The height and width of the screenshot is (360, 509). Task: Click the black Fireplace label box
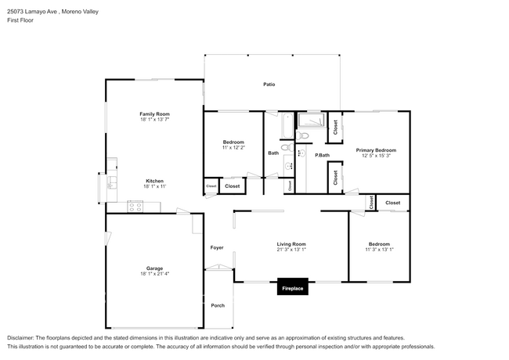(294, 289)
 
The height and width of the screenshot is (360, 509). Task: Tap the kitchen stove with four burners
(136, 207)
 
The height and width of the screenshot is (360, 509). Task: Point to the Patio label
(269, 84)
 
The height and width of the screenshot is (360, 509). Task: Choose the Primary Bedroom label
(376, 149)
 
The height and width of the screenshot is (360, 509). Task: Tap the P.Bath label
(322, 155)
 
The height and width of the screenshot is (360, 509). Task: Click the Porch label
(218, 305)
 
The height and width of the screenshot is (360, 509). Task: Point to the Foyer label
(217, 247)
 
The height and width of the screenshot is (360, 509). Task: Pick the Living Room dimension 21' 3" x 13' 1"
(291, 250)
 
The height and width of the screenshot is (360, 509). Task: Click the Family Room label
(154, 113)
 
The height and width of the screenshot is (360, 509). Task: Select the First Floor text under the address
(20, 20)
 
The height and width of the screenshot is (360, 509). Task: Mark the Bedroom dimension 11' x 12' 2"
(233, 147)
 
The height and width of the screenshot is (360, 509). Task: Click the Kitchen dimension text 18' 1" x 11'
(153, 185)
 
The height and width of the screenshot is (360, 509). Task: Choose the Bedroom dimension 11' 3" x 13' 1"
(379, 250)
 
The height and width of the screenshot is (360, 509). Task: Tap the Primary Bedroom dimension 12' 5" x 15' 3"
(376, 156)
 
